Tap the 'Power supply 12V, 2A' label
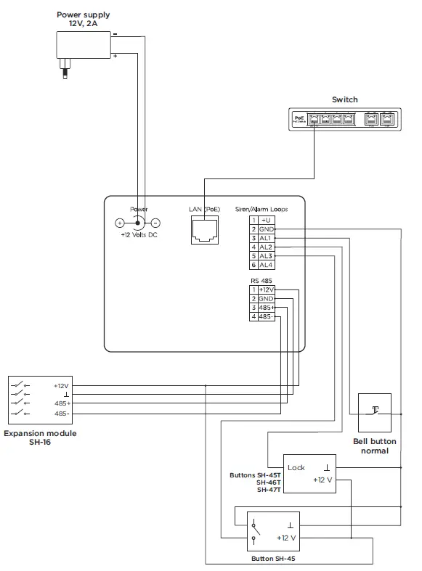84,19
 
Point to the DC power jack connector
138,223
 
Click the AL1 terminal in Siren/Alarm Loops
266,238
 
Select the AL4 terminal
266,266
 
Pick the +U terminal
266,219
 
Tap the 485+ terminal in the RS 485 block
266,308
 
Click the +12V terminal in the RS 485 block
266,289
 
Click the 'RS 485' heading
260,279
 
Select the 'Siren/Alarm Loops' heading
261,209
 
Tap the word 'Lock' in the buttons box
296,468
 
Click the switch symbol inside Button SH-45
254,530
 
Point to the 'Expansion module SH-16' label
40,438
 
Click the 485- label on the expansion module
62,414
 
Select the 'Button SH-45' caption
273,559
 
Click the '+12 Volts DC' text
139,236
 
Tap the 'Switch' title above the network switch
344,100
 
